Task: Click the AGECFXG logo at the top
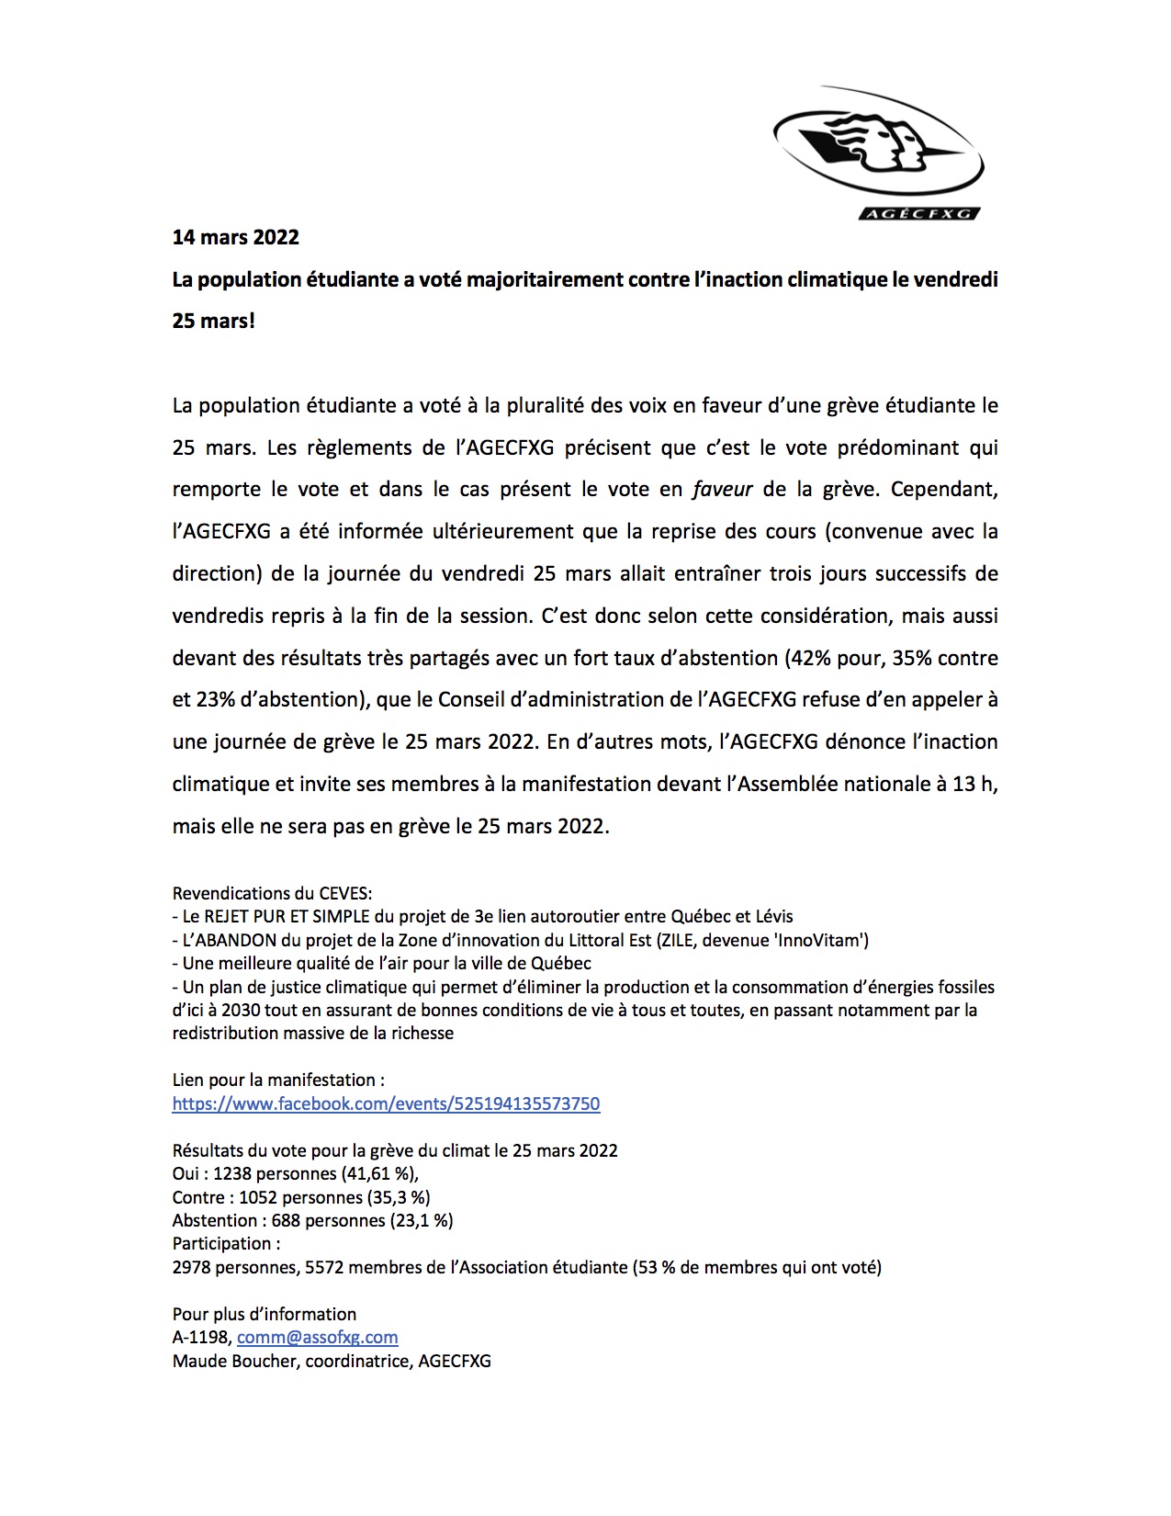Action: click(877, 153)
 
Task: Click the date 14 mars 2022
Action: click(236, 237)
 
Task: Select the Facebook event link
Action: click(386, 1103)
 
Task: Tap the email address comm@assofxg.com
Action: click(317, 1338)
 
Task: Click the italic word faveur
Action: click(722, 490)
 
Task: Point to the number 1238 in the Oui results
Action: click(231, 1174)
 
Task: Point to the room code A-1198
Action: click(201, 1338)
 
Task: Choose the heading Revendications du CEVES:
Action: click(272, 893)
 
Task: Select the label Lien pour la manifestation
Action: click(278, 1080)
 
